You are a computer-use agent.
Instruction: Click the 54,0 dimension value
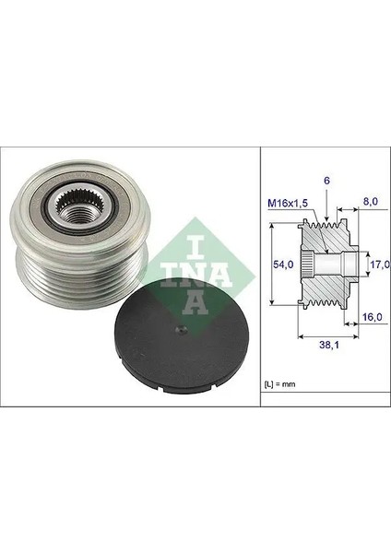pyautogui.click(x=283, y=265)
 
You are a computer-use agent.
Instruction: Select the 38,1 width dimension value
pyautogui.click(x=329, y=346)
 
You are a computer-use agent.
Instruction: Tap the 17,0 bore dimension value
pyautogui.click(x=379, y=264)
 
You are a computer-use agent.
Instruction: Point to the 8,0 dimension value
pyautogui.click(x=370, y=201)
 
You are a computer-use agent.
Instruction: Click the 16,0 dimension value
pyautogui.click(x=373, y=317)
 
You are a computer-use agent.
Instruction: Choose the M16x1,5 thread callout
pyautogui.click(x=288, y=203)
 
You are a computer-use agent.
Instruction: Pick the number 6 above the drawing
pyautogui.click(x=326, y=181)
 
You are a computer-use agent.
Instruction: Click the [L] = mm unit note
pyautogui.click(x=279, y=384)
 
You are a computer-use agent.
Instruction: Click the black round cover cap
pyautogui.click(x=182, y=337)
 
